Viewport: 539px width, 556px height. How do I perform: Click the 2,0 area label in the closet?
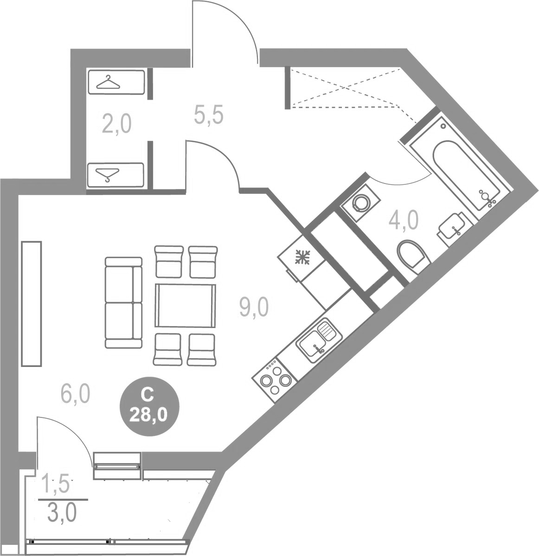coord(117,124)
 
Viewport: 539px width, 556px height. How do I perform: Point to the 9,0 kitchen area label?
coord(254,307)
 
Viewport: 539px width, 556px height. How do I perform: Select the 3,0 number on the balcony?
coord(62,513)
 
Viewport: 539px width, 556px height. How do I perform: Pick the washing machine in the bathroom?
coord(360,202)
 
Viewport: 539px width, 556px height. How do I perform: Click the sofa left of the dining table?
coord(123,303)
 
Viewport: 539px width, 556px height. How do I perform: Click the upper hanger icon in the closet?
coord(109,83)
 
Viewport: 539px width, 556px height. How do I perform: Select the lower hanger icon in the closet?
coord(108,175)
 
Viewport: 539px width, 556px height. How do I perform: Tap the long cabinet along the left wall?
coord(32,303)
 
